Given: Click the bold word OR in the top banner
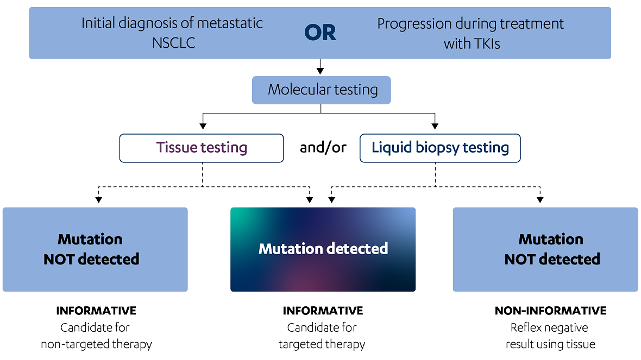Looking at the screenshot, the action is (x=320, y=33).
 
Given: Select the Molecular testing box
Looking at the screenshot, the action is (x=322, y=90).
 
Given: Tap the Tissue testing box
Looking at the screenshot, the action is (x=202, y=148).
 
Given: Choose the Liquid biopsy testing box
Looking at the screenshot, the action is (x=440, y=148).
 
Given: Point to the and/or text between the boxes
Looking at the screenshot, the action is (x=323, y=148).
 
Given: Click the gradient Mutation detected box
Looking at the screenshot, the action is (x=323, y=249).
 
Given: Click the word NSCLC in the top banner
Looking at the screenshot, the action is (x=174, y=43).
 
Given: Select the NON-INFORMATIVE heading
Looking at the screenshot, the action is (x=550, y=311).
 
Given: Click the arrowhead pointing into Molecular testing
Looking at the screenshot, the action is (x=320, y=71).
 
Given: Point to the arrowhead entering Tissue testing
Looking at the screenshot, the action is (x=203, y=127).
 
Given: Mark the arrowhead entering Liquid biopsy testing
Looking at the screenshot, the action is (x=435, y=127).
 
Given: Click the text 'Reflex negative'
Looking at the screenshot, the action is (x=549, y=327).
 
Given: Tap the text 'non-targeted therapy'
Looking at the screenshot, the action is (x=97, y=344).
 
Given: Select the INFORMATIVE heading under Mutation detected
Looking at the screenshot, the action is (x=323, y=311).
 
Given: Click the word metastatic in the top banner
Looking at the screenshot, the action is (x=230, y=23).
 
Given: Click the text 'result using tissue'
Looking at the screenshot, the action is (x=550, y=344).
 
